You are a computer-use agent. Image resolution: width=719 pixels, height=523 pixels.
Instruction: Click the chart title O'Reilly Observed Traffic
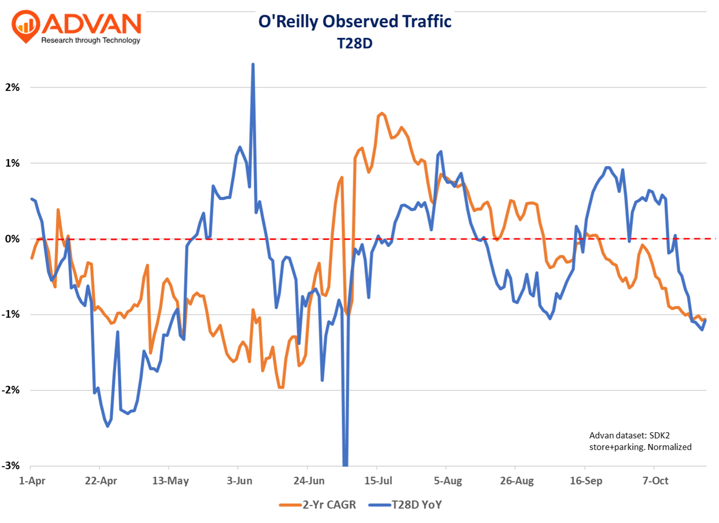point(354,22)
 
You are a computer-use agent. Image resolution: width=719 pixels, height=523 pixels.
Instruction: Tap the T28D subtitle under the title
point(354,43)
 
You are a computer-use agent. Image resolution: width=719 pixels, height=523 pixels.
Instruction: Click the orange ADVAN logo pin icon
point(26,26)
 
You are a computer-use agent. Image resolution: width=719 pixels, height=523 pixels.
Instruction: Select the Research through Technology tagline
point(91,40)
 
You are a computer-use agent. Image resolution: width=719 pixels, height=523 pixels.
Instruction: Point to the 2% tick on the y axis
point(12,87)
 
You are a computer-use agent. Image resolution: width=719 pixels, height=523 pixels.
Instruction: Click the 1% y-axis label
point(12,163)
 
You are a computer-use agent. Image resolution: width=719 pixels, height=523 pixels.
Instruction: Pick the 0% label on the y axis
point(12,239)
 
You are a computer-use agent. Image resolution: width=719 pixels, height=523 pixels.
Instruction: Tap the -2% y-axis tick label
point(11,390)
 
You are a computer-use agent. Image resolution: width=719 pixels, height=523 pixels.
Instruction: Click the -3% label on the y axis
point(11,466)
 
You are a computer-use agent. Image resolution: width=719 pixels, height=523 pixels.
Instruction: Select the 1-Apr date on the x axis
point(32,481)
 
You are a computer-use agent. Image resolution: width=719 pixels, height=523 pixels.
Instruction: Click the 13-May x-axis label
point(170,481)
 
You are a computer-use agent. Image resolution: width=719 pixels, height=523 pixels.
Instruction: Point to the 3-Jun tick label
point(240,481)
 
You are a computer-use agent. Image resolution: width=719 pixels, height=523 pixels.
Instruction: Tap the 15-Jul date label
point(378,481)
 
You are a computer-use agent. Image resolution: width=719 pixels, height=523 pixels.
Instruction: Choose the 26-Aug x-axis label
point(517,481)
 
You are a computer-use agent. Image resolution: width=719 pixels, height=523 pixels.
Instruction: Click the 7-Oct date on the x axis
point(655,481)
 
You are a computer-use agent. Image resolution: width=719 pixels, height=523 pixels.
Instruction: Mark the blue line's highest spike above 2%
point(253,64)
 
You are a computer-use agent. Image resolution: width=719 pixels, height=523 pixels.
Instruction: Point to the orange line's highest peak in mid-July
point(381,114)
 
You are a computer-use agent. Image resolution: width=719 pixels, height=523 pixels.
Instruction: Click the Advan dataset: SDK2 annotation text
point(629,435)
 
